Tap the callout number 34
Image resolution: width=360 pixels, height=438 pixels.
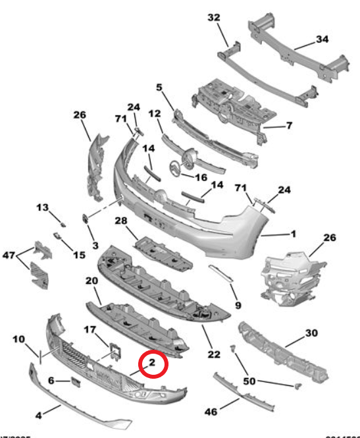click(x=321, y=39)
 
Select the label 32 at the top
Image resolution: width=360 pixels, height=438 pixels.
click(x=215, y=18)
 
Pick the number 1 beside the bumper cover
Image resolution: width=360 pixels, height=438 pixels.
click(x=293, y=233)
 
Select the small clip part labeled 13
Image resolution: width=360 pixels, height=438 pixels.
click(x=59, y=219)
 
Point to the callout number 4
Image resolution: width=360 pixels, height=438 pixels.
click(x=38, y=416)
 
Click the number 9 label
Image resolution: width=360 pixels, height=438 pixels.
click(x=238, y=305)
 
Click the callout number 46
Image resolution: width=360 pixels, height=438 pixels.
click(x=210, y=412)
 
